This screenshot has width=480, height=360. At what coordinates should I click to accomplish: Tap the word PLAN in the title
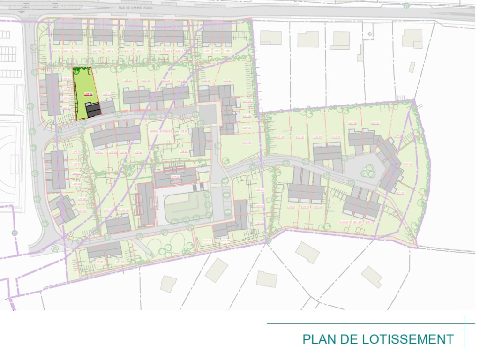(320, 339)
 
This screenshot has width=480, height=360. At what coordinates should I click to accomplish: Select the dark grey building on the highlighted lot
(93, 110)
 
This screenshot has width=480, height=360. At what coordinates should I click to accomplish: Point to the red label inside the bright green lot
(87, 94)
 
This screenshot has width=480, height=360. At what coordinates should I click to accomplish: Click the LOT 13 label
(57, 51)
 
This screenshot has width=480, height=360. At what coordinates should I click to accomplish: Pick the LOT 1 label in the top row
(228, 51)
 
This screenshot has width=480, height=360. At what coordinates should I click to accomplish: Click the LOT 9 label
(110, 51)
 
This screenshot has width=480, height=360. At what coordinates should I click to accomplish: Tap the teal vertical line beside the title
(465, 332)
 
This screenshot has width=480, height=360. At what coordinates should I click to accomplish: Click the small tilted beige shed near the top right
(412, 67)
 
